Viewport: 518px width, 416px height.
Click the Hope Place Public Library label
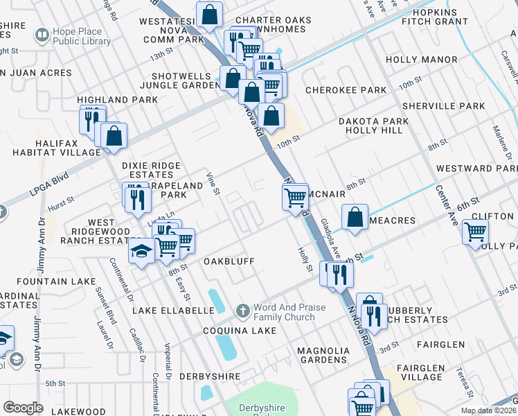click(80, 37)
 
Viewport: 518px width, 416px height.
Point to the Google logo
click(23, 408)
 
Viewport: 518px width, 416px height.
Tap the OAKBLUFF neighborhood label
click(229, 261)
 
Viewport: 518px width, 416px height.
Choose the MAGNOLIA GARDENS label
click(323, 355)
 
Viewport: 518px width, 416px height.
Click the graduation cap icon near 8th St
click(141, 252)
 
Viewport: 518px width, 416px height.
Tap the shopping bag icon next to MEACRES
click(355, 216)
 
